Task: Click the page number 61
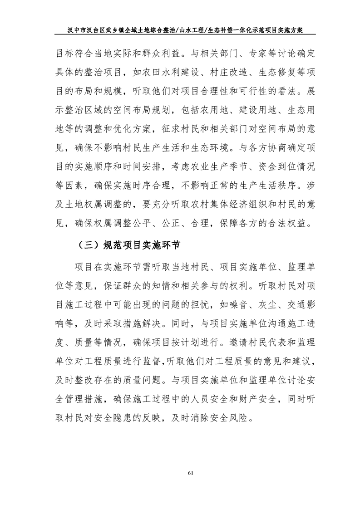tap(190, 475)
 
